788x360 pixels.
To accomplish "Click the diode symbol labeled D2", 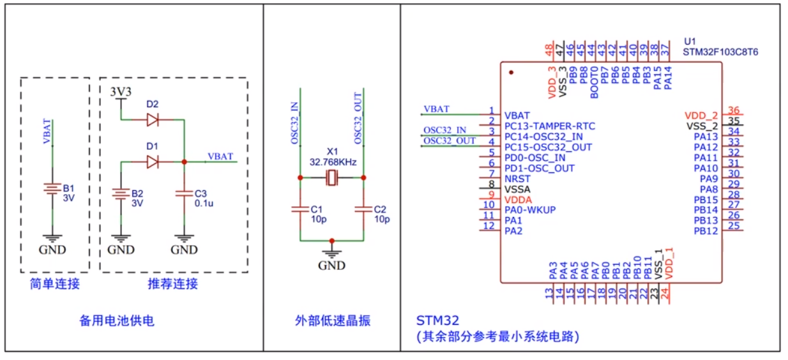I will click(x=152, y=119).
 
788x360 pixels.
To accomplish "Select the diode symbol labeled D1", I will click(x=152, y=162).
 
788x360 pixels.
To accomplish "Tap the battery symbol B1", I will click(x=53, y=189).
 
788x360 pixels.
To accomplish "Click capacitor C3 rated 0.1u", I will click(x=185, y=193).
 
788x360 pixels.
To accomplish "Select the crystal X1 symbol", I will click(x=331, y=179).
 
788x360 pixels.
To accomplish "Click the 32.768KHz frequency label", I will click(x=332, y=162).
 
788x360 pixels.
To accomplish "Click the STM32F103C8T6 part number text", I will click(x=720, y=51).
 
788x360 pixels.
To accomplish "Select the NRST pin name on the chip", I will click(x=517, y=179).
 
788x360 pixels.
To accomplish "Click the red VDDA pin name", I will click(x=517, y=200).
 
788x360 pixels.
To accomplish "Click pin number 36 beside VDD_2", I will click(x=734, y=110).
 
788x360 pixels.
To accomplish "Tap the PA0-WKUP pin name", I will click(x=530, y=210).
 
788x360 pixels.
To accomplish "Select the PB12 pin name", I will click(x=706, y=230).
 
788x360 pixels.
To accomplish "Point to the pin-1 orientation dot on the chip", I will click(x=511, y=73).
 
